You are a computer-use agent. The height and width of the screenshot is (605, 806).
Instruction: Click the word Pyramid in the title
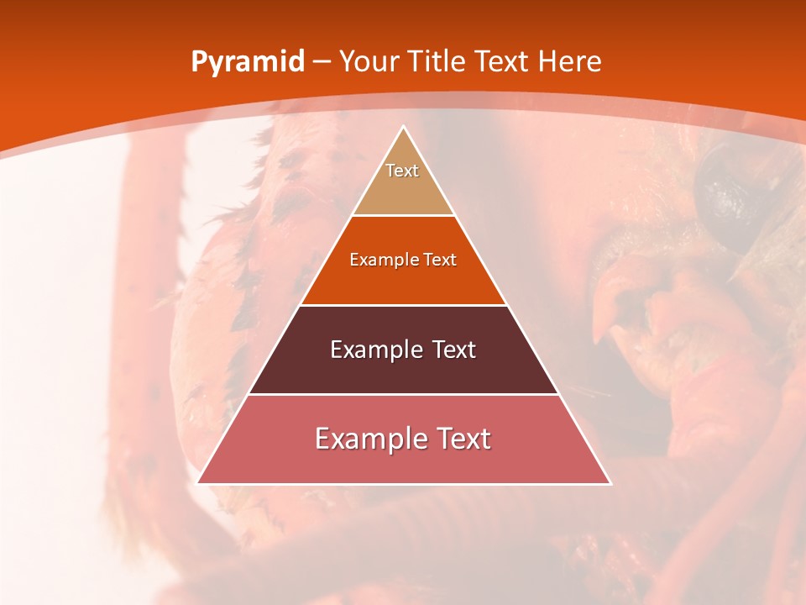point(248,62)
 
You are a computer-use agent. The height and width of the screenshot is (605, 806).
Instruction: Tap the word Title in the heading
point(439,62)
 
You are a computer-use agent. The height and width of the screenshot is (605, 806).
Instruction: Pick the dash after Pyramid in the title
point(321,62)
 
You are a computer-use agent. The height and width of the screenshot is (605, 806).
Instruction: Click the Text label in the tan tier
point(402,171)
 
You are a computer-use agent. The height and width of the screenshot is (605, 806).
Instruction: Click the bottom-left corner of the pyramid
point(197,483)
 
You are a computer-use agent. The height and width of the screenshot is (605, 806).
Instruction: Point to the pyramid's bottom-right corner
point(610,483)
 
